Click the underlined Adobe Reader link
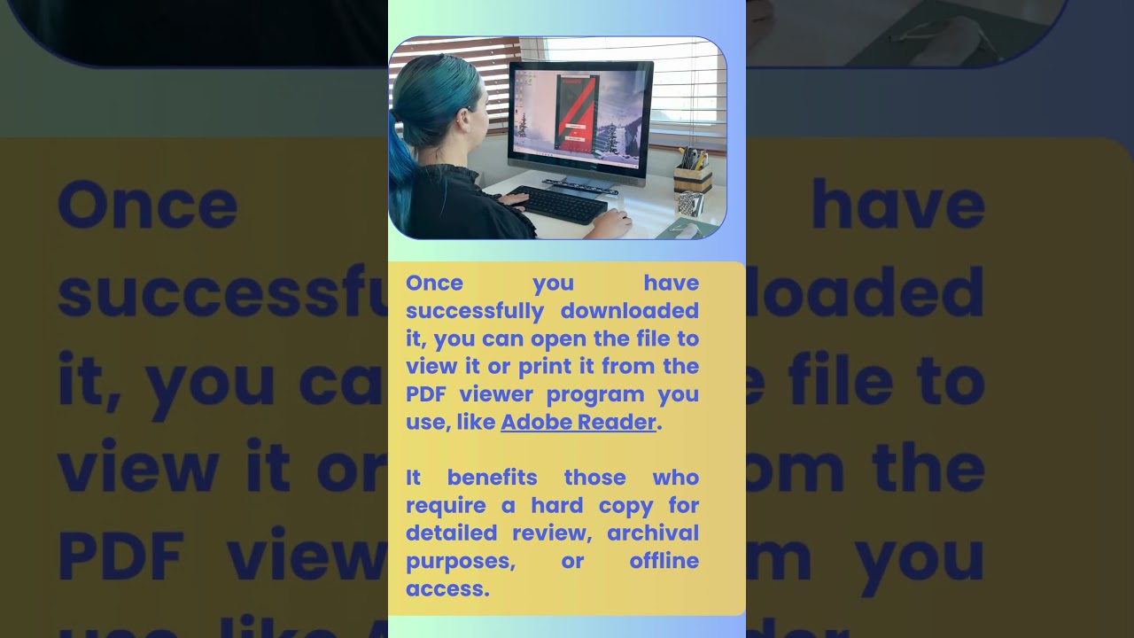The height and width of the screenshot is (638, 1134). [x=578, y=422]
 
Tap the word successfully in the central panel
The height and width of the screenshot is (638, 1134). [x=475, y=311]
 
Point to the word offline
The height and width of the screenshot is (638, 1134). [x=664, y=560]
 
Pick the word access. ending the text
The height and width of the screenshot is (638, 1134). [x=447, y=588]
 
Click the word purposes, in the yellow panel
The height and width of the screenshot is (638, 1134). [x=461, y=561]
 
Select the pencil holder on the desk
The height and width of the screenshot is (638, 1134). [x=692, y=176]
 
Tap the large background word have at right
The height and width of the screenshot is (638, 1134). [x=897, y=205]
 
